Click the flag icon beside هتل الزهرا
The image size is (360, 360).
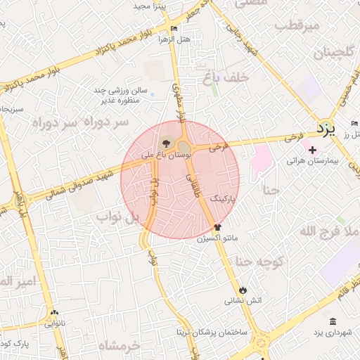(174, 29)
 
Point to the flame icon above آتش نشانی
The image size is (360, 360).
(243, 290)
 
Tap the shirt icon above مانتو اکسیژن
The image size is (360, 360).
(217, 227)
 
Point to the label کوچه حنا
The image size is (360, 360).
(259, 262)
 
